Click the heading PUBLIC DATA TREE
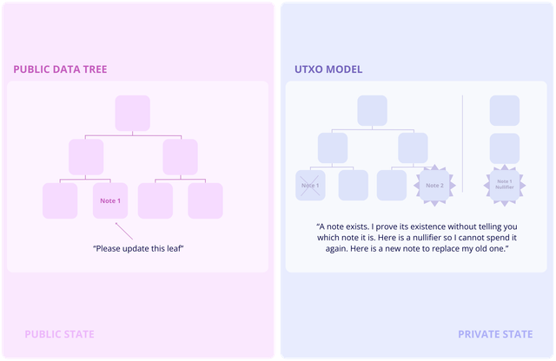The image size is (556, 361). click(x=60, y=69)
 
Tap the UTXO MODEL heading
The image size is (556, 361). click(x=328, y=69)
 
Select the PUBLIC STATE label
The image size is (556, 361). click(x=59, y=334)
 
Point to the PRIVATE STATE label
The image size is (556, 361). click(x=495, y=334)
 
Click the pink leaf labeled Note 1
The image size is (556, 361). click(x=110, y=200)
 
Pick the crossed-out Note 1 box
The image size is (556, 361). click(x=310, y=186)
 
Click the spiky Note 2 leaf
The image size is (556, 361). click(x=434, y=186)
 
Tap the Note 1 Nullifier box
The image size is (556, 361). click(x=505, y=185)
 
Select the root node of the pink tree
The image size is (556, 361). click(x=133, y=113)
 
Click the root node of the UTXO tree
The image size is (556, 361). click(x=373, y=110)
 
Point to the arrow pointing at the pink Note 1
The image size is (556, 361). click(x=124, y=231)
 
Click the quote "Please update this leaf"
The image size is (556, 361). click(x=138, y=249)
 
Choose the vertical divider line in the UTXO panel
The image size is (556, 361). click(x=462, y=143)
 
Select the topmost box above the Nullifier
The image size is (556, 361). click(x=505, y=110)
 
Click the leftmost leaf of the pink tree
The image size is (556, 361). click(x=60, y=200)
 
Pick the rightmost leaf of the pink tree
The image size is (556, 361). click(x=205, y=200)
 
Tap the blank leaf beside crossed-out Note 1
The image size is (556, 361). click(x=354, y=186)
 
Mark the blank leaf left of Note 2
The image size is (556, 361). click(x=392, y=186)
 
